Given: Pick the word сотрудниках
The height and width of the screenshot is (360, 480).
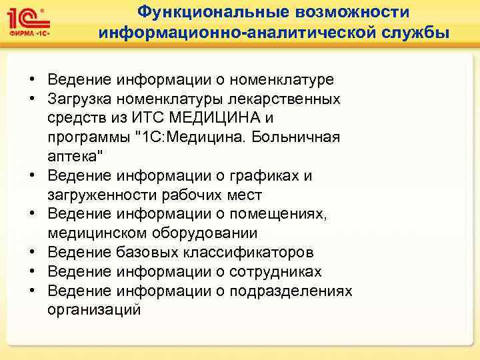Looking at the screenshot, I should (275, 272).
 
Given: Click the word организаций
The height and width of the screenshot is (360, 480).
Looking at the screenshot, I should (94, 311).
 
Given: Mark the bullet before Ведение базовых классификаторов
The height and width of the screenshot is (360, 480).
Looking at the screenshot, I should (32, 253).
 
